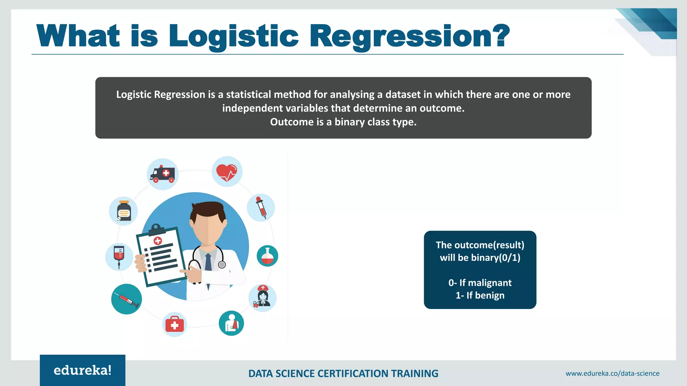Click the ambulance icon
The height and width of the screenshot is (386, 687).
coord(163,174)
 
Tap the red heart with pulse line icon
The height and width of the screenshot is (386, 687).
coord(227,172)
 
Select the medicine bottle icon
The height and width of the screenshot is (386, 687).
coord(124,211)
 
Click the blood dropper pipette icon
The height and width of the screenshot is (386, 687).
coord(261,207)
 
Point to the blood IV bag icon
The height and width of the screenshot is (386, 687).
coord(119,256)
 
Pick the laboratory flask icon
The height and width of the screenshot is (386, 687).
coord(267,256)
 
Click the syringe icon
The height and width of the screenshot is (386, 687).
coord(126,299)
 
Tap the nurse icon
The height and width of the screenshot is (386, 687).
coord(263,297)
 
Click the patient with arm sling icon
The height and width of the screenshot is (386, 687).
coord(231,323)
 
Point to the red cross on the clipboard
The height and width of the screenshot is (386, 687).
coord(158,240)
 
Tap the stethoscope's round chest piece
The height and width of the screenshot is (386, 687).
coord(222,265)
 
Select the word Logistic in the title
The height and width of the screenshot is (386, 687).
coord(233,36)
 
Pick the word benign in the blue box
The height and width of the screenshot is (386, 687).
coord(490,296)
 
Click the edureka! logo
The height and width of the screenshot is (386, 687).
coord(83,370)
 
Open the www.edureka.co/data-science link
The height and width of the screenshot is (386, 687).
coord(613,374)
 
